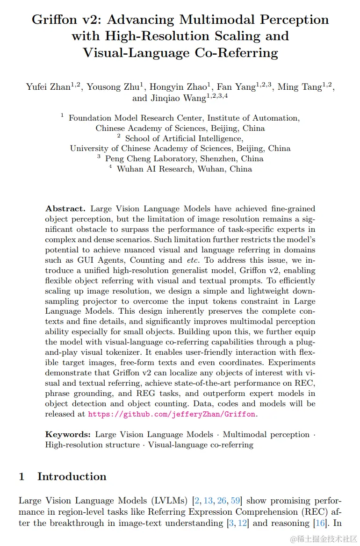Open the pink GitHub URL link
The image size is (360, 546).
point(172,414)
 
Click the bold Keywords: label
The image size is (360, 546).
point(68,435)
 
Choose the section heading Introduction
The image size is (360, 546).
point(72,477)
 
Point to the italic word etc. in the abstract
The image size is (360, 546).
point(192,260)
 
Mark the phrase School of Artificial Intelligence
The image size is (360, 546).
point(184,138)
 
